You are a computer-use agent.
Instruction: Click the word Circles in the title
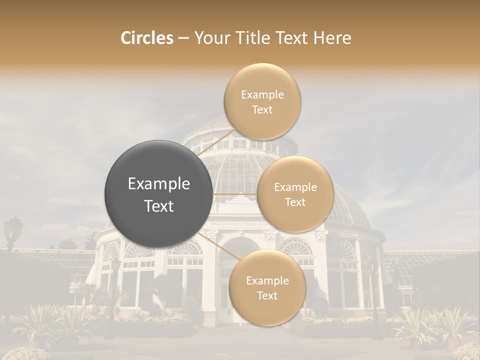tap(147, 38)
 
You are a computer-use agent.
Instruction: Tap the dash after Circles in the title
tap(183, 38)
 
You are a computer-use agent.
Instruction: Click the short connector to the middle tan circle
tap(235, 193)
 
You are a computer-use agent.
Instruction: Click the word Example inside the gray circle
tap(159, 184)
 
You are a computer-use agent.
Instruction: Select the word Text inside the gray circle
tap(159, 206)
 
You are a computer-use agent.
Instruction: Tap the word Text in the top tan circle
tap(262, 109)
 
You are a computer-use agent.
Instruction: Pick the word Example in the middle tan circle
tap(295, 187)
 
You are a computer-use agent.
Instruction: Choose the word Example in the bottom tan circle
tap(267, 281)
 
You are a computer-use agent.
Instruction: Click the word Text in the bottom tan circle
tap(267, 296)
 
